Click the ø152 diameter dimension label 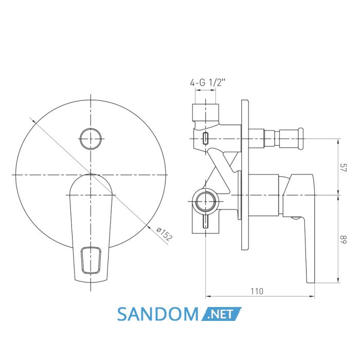pos(164,235)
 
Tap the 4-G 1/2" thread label pos(208,82)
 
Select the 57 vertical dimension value pos(344,167)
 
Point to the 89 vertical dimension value pos(344,240)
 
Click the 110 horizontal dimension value pos(257,292)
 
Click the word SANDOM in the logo pos(158,314)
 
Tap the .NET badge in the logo pos(221,314)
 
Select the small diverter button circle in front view pos(91,139)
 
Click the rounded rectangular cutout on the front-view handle pos(91,260)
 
